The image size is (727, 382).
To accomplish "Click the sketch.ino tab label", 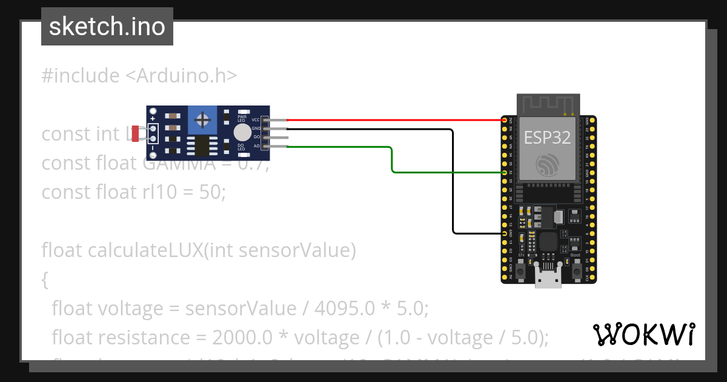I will click(107, 27).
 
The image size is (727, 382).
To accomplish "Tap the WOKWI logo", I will click(643, 334).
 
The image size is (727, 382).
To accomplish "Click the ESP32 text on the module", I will click(547, 138).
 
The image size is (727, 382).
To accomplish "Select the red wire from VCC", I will click(394, 120).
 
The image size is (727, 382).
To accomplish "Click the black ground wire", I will click(453, 182).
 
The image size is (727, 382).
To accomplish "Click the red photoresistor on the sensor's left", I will click(135, 134).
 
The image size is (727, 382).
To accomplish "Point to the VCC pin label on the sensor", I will click(256, 120).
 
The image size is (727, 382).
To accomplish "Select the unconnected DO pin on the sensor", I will click(276, 138).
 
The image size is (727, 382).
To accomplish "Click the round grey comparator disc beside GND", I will click(242, 132).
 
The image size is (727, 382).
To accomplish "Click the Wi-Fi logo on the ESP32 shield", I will click(548, 164).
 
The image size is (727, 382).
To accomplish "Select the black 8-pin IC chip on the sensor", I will click(199, 146).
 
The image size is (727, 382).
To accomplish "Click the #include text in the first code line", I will click(81, 76).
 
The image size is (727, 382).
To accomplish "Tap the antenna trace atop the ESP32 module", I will click(548, 104).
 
